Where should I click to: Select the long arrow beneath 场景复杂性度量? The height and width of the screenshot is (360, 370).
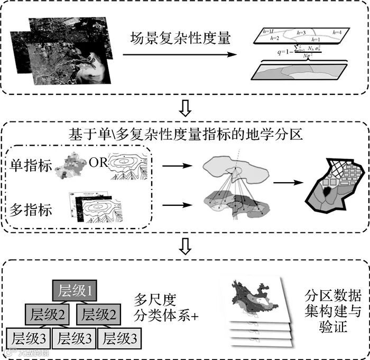(180, 54)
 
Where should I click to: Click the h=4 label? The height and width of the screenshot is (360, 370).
(337, 33)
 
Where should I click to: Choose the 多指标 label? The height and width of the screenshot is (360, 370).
(31, 210)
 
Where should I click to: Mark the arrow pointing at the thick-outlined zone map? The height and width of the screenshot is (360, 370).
(286, 183)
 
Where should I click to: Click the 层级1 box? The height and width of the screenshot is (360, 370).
(73, 290)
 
